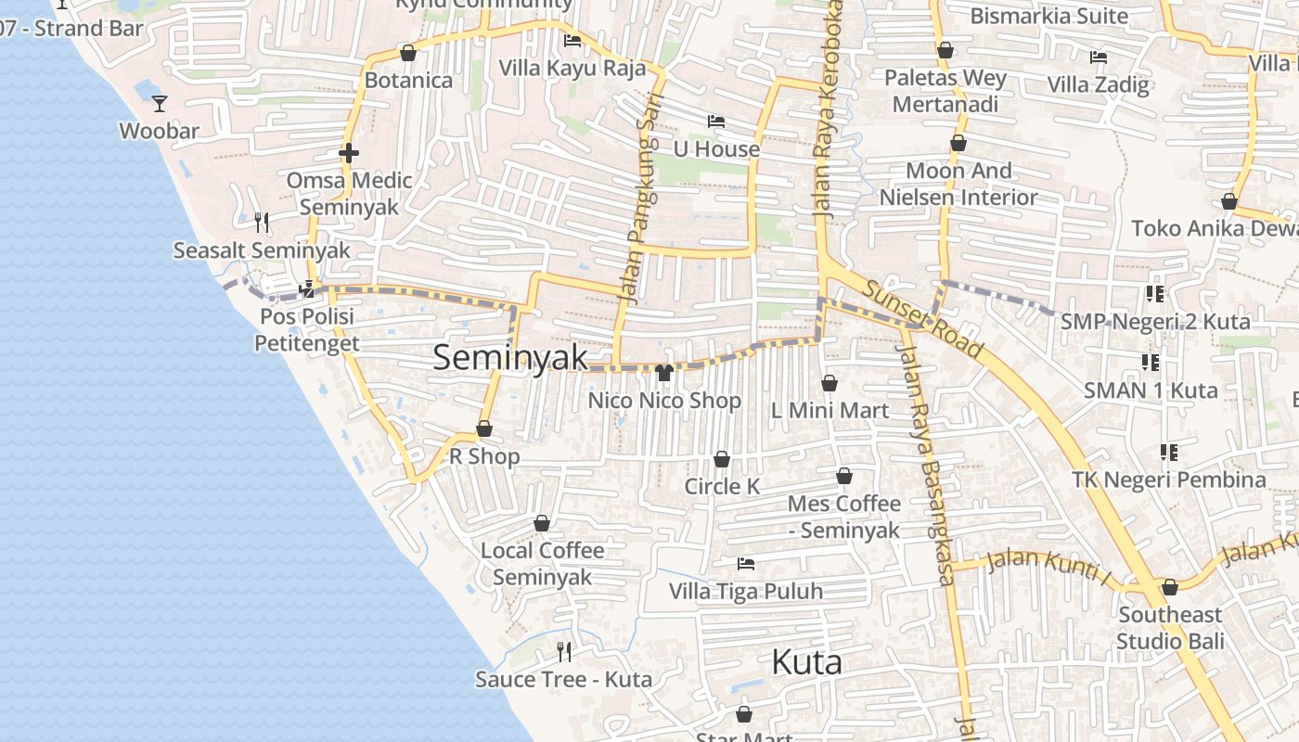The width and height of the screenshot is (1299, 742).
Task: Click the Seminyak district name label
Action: tap(510, 358)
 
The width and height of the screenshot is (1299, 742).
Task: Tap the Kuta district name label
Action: tap(807, 662)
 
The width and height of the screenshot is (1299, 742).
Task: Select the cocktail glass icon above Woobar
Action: tap(160, 103)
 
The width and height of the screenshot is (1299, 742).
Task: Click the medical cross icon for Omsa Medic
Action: tap(349, 153)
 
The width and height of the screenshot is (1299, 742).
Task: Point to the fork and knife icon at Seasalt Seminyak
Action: tap(262, 223)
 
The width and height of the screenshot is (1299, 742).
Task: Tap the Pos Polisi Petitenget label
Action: tap(306, 330)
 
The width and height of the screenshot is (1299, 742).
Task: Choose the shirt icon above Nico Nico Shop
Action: tap(664, 373)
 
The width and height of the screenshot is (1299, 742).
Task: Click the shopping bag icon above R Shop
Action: tap(484, 429)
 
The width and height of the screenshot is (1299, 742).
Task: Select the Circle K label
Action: tap(722, 486)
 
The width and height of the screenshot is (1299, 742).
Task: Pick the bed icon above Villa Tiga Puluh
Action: tap(745, 564)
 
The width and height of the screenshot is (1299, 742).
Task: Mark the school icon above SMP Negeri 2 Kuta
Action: tap(1154, 294)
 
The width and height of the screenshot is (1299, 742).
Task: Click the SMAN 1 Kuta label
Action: tap(1151, 390)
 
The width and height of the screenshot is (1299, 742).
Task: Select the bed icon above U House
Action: tap(715, 122)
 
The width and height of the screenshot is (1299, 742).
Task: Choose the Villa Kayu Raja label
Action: tap(572, 69)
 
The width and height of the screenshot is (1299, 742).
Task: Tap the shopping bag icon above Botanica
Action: tap(407, 53)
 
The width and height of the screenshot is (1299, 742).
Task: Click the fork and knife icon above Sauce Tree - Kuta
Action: tap(563, 651)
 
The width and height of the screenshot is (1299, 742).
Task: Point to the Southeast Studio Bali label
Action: tap(1170, 628)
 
